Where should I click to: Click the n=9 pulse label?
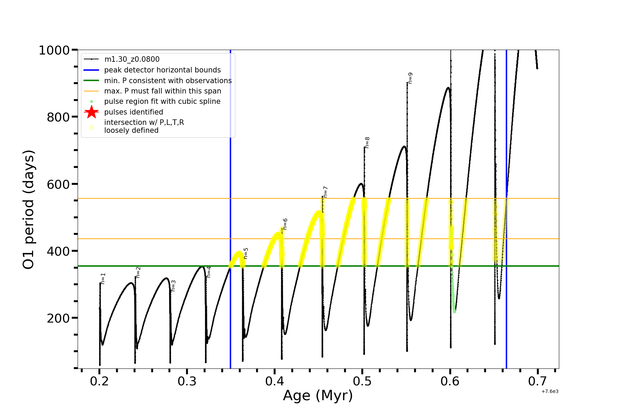point(410,78)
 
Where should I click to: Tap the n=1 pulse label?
point(103,279)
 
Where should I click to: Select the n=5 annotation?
point(246,253)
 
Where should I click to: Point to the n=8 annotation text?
point(367,143)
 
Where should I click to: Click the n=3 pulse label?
point(173,286)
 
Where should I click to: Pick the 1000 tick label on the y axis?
point(54,50)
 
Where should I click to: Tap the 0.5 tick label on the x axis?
point(362,381)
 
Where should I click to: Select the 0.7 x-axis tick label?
point(538,381)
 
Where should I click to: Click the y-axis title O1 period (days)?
point(28,209)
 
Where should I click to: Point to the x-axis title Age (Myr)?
point(318,395)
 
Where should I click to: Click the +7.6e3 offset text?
point(550,391)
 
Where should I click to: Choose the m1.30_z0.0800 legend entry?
point(132,59)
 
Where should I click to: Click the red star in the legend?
point(91,112)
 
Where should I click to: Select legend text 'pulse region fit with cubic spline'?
point(162,101)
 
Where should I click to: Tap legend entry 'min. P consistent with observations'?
point(168,80)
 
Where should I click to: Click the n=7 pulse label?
point(325,192)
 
